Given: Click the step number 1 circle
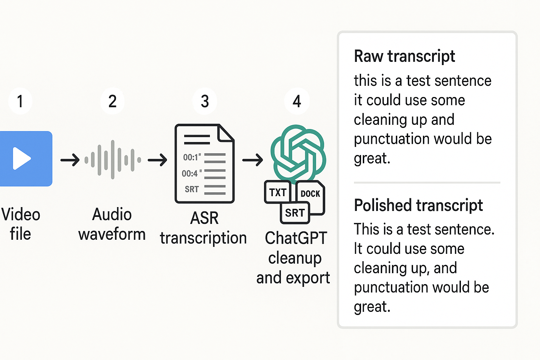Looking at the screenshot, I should (x=20, y=101).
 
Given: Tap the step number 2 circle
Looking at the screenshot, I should (x=112, y=101).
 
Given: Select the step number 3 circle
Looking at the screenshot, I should (x=205, y=101).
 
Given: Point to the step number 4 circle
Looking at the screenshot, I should (x=297, y=101).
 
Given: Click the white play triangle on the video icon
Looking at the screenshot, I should (x=21, y=159).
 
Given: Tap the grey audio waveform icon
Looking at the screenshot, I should (x=112, y=160).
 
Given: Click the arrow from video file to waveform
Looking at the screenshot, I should (x=70, y=160).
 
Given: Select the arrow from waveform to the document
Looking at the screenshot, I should (x=157, y=160).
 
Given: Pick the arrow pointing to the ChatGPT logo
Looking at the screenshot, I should (x=252, y=160).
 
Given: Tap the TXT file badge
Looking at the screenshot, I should (x=278, y=192).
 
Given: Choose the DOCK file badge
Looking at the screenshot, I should (x=310, y=194).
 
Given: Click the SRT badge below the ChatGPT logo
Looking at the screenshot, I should (x=295, y=213).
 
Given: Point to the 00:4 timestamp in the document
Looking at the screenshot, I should (x=190, y=173).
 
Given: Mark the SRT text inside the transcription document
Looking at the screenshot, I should (x=192, y=189).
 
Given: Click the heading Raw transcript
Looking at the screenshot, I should (x=404, y=56).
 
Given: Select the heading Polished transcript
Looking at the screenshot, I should (x=418, y=205).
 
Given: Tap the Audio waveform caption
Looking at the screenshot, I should (x=112, y=224).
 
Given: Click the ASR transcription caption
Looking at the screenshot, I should (x=204, y=228).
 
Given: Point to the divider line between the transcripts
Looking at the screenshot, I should (x=427, y=183).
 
